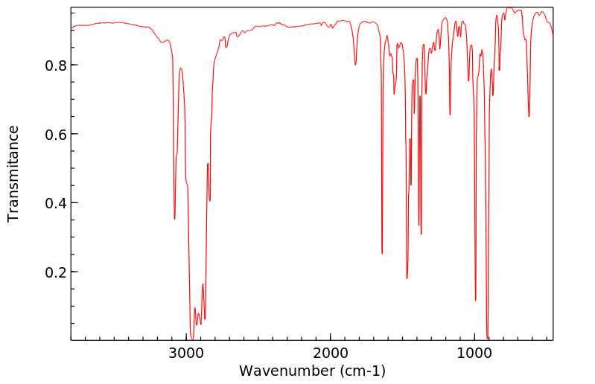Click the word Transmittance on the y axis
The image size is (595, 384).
(x=13, y=173)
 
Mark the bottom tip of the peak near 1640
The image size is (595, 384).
(x=382, y=254)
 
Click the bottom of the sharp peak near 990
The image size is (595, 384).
(x=475, y=301)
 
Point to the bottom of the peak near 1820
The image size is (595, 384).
(x=355, y=65)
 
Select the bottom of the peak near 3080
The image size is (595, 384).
(x=175, y=219)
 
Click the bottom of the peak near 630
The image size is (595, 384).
(x=529, y=117)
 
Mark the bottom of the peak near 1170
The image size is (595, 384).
(x=450, y=115)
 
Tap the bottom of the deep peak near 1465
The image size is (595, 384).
(x=407, y=278)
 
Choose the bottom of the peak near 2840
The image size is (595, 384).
(x=210, y=201)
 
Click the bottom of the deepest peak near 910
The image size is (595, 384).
(x=487, y=338)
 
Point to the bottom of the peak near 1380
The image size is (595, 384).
(x=421, y=234)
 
